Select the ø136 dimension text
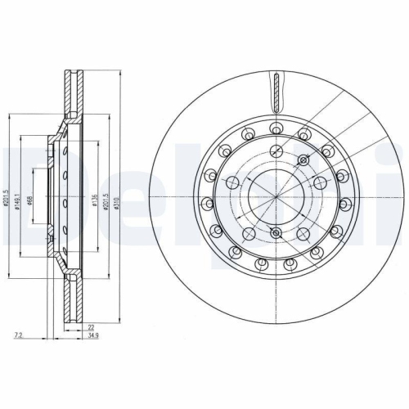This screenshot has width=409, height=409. pyautogui.click(x=95, y=202)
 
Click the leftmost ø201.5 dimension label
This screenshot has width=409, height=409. pyautogui.click(x=6, y=201)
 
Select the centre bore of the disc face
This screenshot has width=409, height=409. pyautogui.click(x=276, y=197)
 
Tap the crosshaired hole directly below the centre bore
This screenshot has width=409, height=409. pyautogui.click(x=276, y=234)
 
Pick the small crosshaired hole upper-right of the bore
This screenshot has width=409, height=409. pyautogui.click(x=303, y=160)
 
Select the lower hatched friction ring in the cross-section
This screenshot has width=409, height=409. pyautogui.click(x=69, y=303)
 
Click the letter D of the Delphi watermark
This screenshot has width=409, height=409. pyautogui.click(x=18, y=196)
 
